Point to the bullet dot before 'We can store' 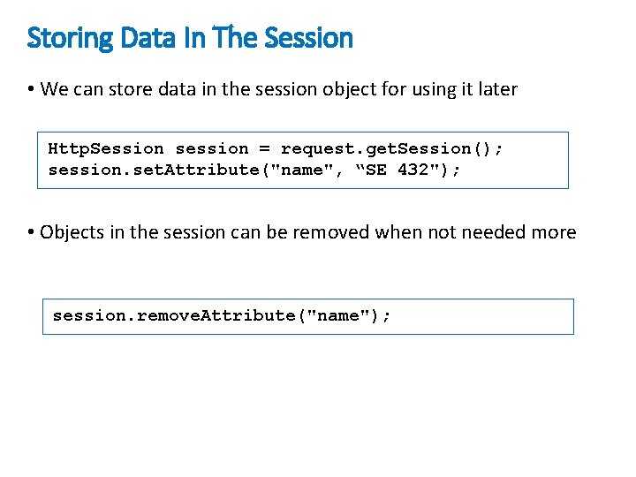point(31,89)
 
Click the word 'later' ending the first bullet point(497,89)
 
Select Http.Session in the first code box point(106,148)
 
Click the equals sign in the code point(264,148)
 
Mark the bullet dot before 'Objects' point(31,233)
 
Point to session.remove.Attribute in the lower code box point(180,315)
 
